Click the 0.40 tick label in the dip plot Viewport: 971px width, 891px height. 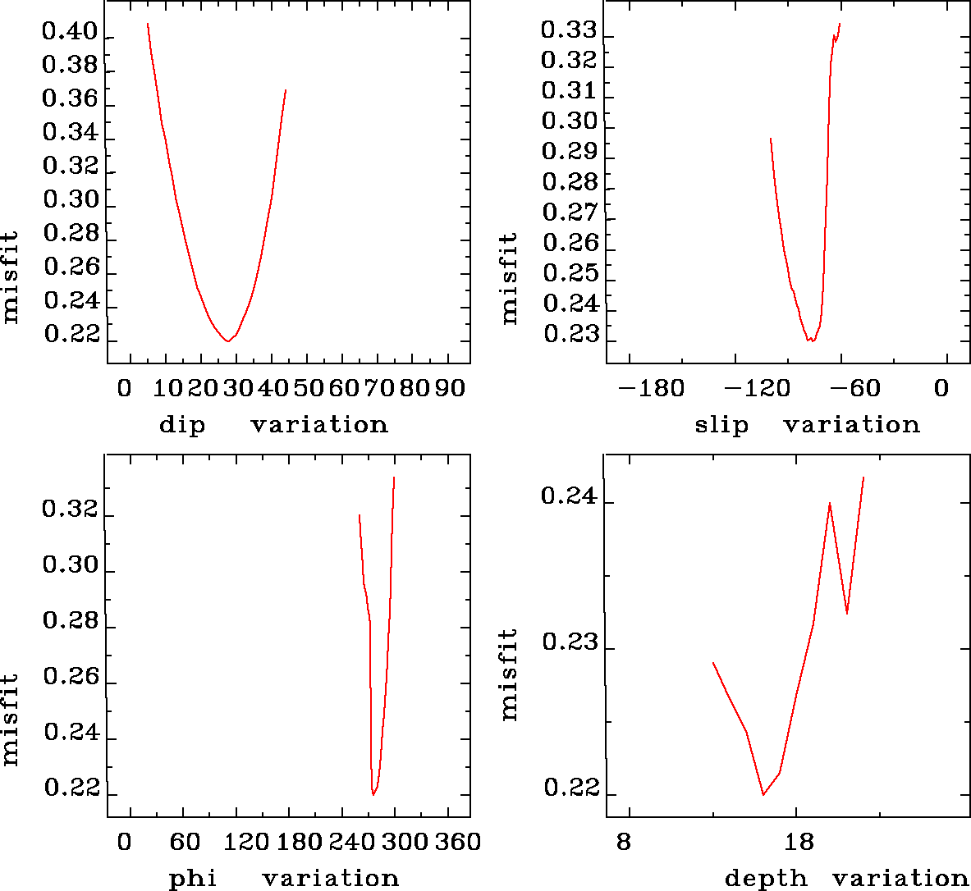(x=70, y=33)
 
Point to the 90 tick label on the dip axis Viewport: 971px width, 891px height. (x=449, y=388)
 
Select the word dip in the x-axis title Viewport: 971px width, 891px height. (x=182, y=425)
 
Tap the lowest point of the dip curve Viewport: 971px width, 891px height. (x=227, y=340)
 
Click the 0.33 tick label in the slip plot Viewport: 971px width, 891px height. (x=568, y=30)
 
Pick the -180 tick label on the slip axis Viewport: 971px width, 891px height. (x=651, y=388)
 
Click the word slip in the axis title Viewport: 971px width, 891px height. (x=721, y=425)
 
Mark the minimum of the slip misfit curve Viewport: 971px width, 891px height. (x=811, y=340)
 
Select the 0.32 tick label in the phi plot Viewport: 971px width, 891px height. (x=70, y=510)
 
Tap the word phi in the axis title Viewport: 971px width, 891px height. (x=193, y=879)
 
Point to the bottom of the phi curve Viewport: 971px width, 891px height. (x=373, y=794)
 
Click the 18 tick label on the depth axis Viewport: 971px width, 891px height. (x=799, y=843)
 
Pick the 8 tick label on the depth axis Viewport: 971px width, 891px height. (x=625, y=843)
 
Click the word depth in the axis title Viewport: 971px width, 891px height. (x=766, y=879)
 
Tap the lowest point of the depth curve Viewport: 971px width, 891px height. (x=763, y=794)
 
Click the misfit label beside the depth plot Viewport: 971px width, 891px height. (x=510, y=674)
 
